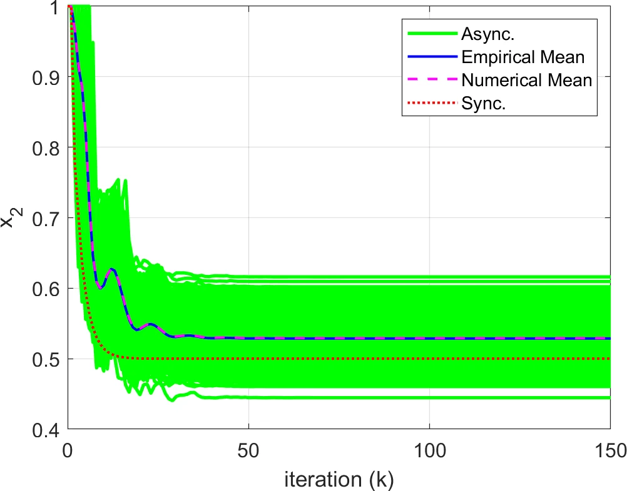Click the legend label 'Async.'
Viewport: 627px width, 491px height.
pyautogui.click(x=483, y=32)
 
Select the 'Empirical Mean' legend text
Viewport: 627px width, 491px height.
pyautogui.click(x=522, y=57)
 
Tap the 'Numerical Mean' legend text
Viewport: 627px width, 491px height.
pyautogui.click(x=526, y=81)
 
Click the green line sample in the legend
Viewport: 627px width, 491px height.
pyautogui.click(x=426, y=32)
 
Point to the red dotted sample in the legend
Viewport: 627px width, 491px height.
pyautogui.click(x=426, y=104)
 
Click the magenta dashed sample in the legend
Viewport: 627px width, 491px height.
pyautogui.click(x=426, y=81)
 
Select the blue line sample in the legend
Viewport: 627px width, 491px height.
pyautogui.click(x=426, y=57)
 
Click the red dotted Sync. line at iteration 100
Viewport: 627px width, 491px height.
pyautogui.click(x=429, y=359)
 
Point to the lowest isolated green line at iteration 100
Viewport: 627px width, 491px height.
pyautogui.click(x=429, y=397)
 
